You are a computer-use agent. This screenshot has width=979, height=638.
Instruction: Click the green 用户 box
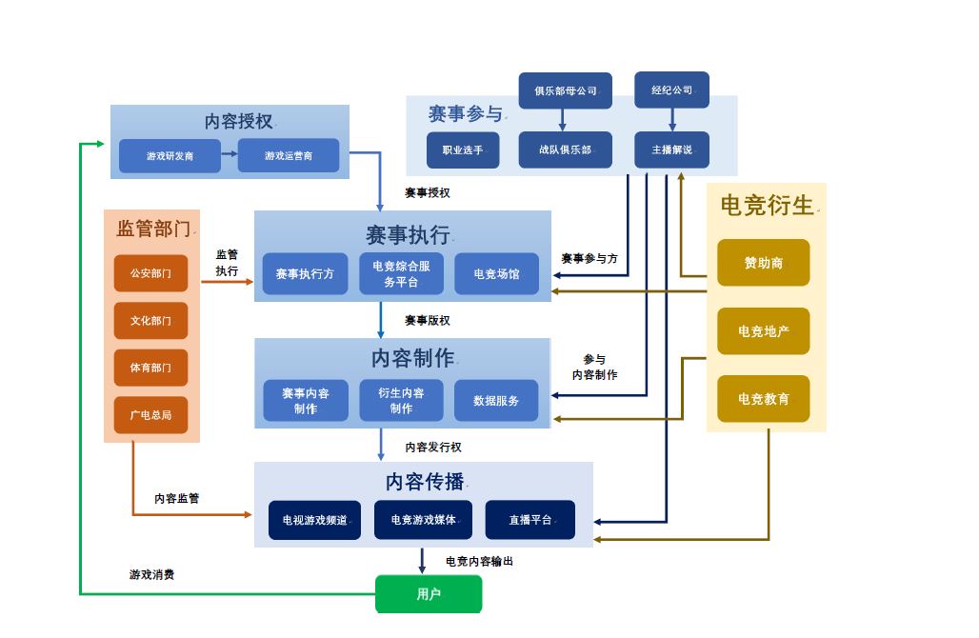click(x=429, y=594)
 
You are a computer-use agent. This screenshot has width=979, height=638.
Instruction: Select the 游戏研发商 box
click(x=170, y=155)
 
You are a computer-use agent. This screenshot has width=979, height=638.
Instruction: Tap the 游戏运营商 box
click(x=288, y=155)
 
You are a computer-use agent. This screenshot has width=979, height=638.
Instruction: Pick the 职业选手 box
click(x=463, y=150)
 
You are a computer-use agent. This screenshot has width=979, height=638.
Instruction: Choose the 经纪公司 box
click(x=671, y=90)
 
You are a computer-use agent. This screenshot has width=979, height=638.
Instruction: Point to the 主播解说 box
click(x=671, y=150)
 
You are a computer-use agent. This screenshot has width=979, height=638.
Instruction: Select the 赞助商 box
click(x=763, y=263)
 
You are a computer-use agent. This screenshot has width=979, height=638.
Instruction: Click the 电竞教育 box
click(x=763, y=399)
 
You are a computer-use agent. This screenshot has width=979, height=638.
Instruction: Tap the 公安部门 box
click(x=150, y=273)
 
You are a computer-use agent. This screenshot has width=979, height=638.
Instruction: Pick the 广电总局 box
click(x=150, y=415)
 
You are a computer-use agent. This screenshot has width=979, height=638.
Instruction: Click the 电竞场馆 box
click(x=496, y=274)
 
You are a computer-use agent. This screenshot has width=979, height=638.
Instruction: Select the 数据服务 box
click(x=496, y=401)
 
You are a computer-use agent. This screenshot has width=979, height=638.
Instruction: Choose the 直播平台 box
click(x=529, y=520)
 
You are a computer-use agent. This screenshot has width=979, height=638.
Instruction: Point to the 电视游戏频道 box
click(x=314, y=520)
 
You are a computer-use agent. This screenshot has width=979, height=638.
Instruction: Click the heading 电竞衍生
click(x=767, y=205)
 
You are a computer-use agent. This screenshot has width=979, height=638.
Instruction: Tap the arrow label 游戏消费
click(x=151, y=575)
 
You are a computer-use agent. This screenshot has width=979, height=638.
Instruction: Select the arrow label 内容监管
click(x=177, y=498)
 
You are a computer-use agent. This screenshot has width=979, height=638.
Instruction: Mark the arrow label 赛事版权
click(x=427, y=320)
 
